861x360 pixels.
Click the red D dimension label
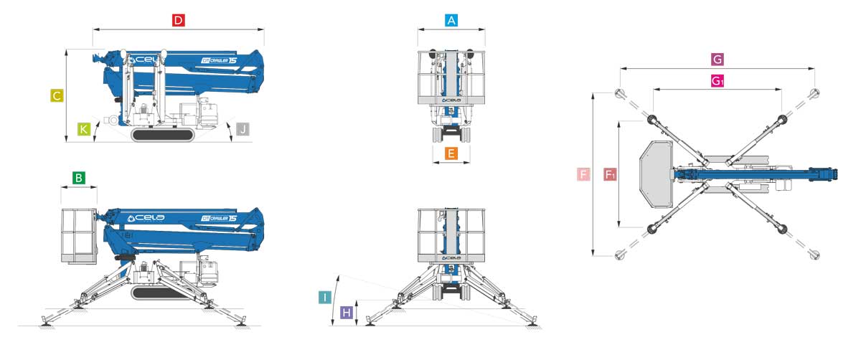point(179,20)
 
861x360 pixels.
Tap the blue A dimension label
point(451,20)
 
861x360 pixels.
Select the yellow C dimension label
point(57,95)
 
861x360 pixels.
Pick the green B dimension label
point(79,178)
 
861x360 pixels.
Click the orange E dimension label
point(451,153)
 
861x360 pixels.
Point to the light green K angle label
point(84,129)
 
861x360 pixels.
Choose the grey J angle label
point(243,129)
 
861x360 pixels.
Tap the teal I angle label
point(325,298)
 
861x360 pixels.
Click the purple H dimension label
point(347,313)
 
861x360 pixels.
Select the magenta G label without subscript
point(717,60)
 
